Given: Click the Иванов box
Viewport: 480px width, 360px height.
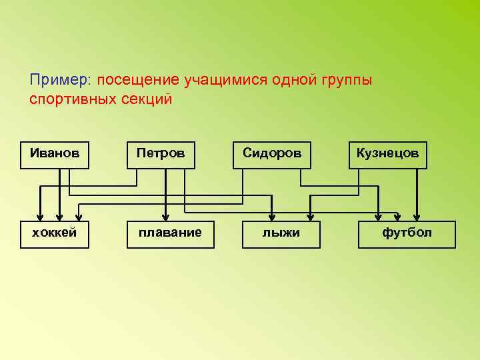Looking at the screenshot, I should click(x=54, y=155).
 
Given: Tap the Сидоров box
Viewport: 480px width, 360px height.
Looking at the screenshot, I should click(x=272, y=155).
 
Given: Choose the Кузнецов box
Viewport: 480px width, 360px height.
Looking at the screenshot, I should click(x=387, y=155).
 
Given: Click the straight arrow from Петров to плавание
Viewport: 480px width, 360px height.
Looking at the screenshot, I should click(x=165, y=193).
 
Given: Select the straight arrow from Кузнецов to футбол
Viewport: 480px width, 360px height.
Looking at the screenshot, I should click(x=417, y=193).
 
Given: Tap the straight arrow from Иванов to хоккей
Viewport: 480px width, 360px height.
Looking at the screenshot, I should click(x=60, y=193).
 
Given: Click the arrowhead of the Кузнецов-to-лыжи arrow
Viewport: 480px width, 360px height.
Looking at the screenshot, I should click(x=311, y=215).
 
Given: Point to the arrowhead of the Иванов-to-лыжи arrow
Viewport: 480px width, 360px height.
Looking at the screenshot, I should click(x=271, y=215).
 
